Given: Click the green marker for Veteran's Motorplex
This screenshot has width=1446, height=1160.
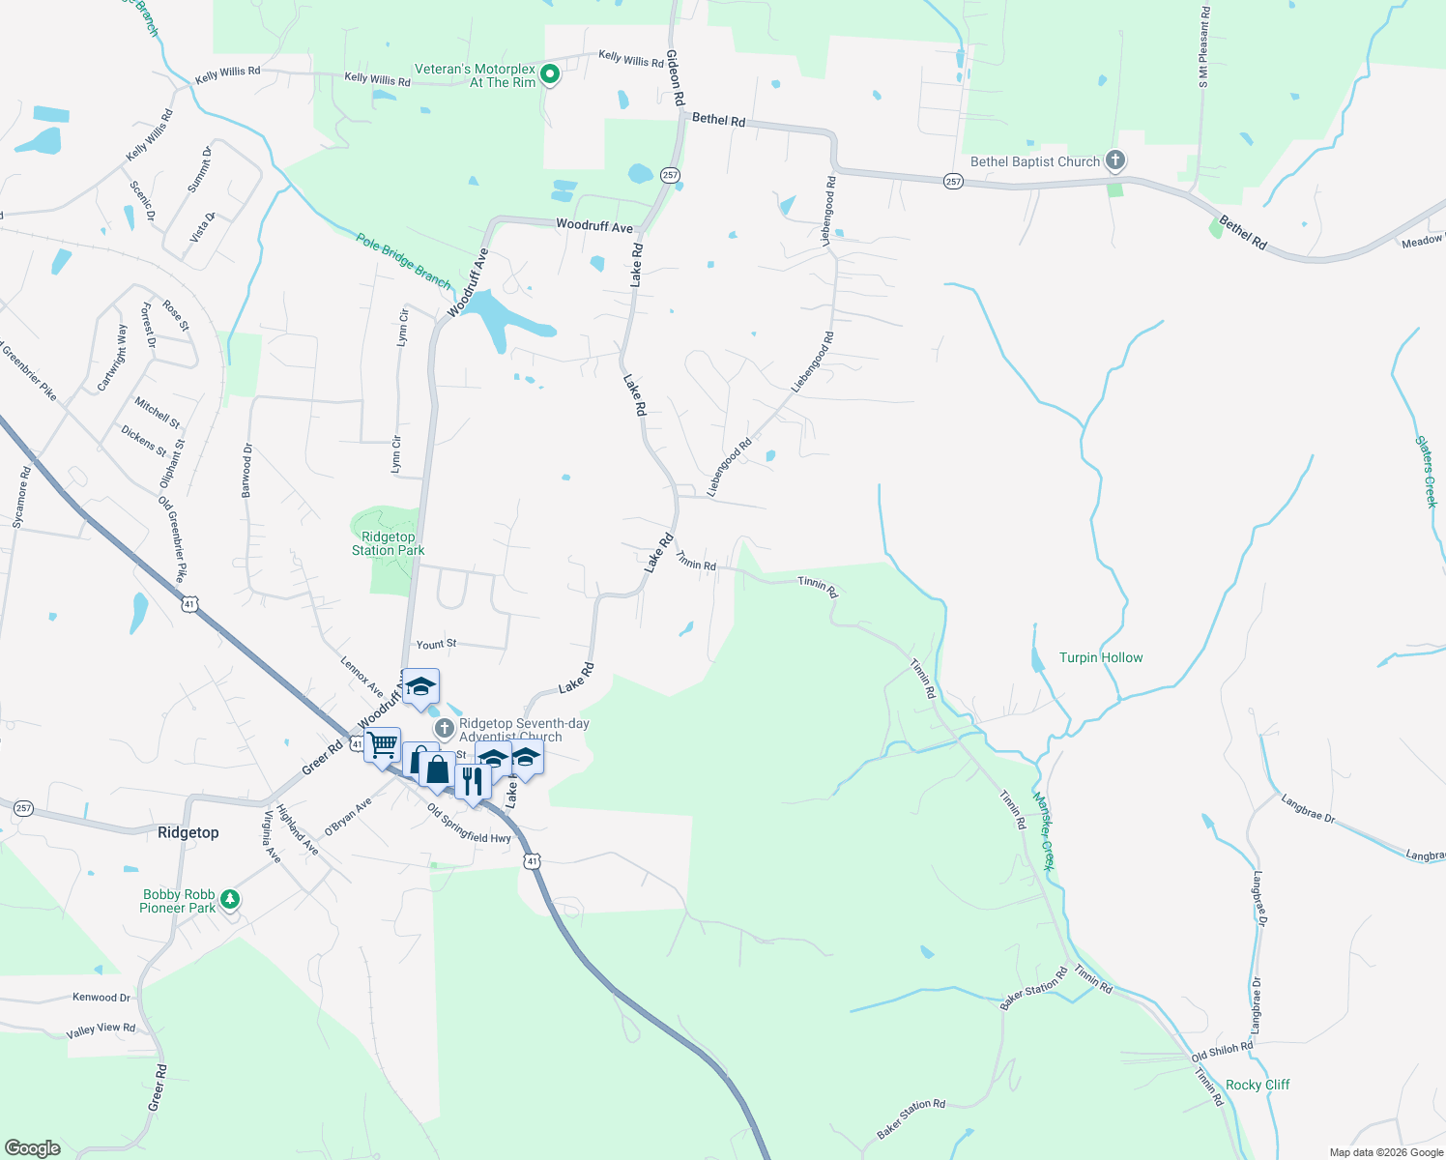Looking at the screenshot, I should point(550,74).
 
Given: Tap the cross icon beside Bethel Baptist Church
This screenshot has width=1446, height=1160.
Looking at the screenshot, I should point(1115,160).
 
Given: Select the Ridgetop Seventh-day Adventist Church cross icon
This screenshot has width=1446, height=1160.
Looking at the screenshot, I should point(444,728).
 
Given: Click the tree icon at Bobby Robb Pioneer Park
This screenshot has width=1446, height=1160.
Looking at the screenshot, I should point(230,900).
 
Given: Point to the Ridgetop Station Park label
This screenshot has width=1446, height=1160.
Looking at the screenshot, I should point(388,543).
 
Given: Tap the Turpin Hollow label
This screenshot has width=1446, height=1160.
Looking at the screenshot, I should point(1101,657).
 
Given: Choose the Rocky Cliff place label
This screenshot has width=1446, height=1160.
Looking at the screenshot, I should point(1258,1085).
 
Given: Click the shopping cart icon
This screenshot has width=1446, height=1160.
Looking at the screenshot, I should point(383,744).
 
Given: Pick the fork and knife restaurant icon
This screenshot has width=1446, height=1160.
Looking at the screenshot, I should point(472,780).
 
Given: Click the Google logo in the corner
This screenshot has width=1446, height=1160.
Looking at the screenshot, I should point(32,1147).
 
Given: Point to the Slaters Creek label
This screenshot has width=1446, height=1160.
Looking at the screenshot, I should point(1427,471).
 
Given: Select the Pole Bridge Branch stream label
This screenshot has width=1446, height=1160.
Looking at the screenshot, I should point(403,261).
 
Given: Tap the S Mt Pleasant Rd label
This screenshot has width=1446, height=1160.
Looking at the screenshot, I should point(1203,47).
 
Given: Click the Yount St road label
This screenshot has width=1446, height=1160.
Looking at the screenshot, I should point(436,644).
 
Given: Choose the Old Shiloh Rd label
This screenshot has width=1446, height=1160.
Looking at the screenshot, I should point(1222,1051).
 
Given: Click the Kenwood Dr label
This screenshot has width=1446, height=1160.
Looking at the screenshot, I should point(101,997).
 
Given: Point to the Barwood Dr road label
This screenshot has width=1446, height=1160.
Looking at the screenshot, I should point(246,471).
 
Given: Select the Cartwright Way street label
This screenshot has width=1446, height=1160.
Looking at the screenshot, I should point(112,359).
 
